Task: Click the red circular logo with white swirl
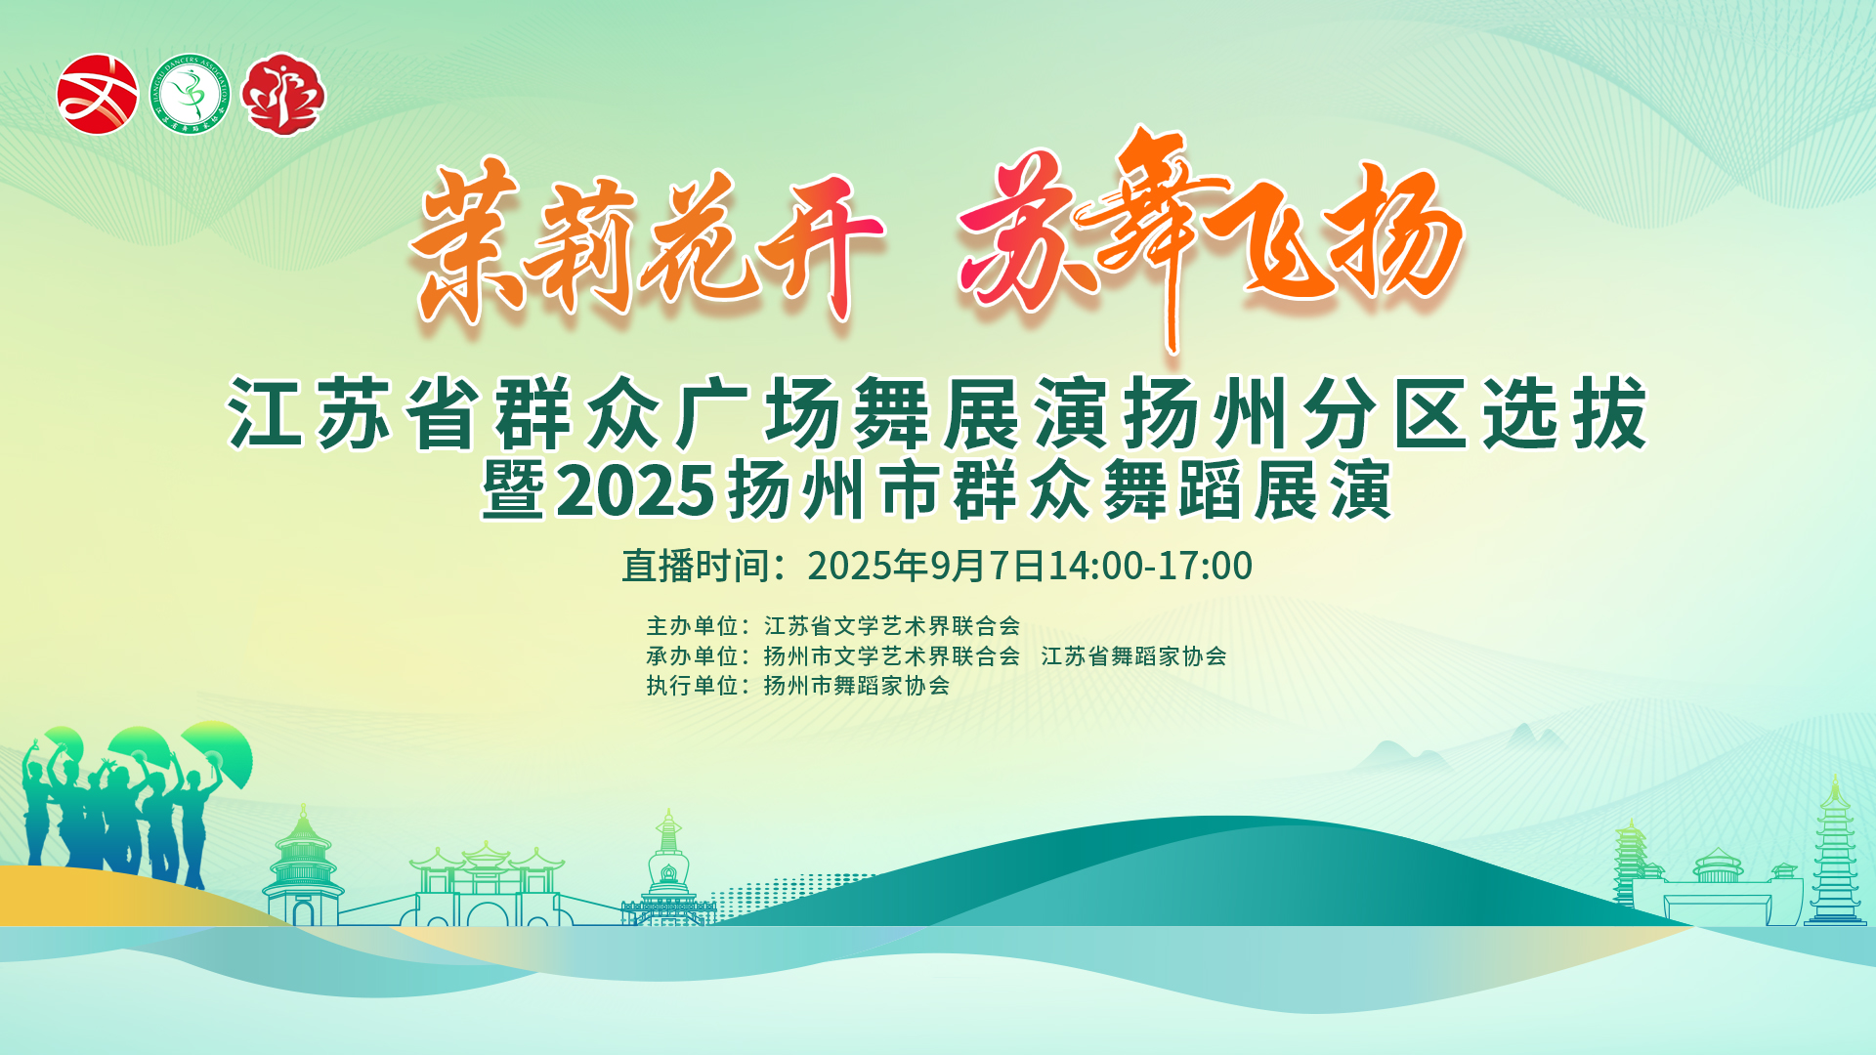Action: point(98,94)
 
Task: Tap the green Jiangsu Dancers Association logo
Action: point(191,94)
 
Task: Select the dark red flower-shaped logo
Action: point(283,94)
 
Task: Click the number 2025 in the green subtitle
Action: point(637,490)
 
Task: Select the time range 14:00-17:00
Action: point(1150,566)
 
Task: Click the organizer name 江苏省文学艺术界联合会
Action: point(892,625)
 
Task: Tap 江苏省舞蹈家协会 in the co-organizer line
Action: point(1133,655)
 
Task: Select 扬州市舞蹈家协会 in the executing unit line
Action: point(857,686)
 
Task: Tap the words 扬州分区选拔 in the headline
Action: point(1386,414)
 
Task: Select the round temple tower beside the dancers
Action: point(303,865)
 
